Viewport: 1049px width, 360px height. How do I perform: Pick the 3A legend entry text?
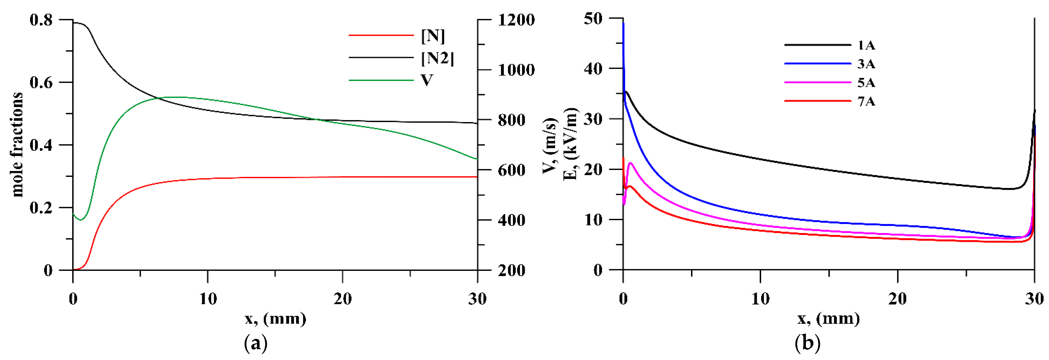(866, 64)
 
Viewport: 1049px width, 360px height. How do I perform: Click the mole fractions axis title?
(17, 144)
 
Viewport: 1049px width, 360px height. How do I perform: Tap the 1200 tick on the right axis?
(516, 20)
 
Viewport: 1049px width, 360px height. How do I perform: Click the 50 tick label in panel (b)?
(593, 18)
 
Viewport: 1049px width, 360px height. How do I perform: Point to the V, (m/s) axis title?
(549, 145)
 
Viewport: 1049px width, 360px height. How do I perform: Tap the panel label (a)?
(256, 343)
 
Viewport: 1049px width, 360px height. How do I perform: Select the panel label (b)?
(807, 343)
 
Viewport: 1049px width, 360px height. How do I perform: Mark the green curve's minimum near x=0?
(81, 220)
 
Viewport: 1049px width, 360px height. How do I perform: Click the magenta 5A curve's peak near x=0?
(630, 163)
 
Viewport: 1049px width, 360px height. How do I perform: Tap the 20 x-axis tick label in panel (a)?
(342, 299)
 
